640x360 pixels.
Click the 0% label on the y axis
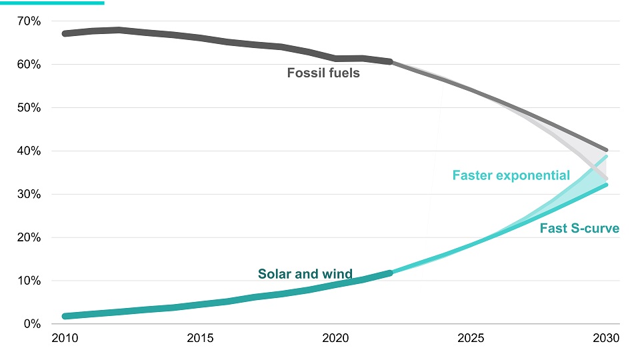[x=32, y=324]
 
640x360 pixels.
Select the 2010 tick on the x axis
[x=65, y=339]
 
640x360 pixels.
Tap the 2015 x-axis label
[x=201, y=339]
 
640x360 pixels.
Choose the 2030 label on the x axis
[x=606, y=339]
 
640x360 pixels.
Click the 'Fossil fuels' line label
[x=323, y=73]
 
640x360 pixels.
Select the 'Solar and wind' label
[x=305, y=275]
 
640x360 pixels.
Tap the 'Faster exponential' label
[x=511, y=176]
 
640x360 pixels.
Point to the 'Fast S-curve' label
[x=579, y=229]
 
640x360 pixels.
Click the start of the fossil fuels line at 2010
[x=65, y=33]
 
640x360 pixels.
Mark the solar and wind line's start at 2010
[x=65, y=316]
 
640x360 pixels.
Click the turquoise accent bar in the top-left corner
[x=52, y=3]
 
